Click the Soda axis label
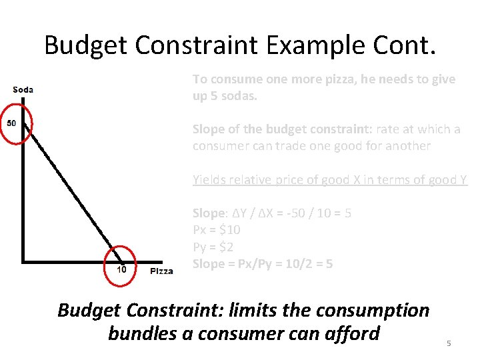[x=23, y=90]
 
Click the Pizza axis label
[x=161, y=271]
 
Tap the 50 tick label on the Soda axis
[x=12, y=123]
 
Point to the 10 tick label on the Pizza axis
[x=121, y=269]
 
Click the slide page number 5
[x=449, y=343]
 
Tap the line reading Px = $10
[x=217, y=230]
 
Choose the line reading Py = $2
[x=213, y=247]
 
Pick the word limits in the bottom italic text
[x=256, y=310]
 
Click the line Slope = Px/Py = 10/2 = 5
[x=263, y=264]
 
